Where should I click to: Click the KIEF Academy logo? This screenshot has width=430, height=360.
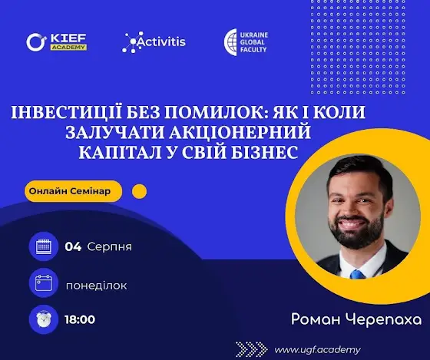(57, 42)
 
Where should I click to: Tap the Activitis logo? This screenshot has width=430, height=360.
(154, 42)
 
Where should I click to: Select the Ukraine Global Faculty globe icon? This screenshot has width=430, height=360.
(230, 42)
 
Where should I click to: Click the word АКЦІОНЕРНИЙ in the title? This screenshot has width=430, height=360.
(240, 132)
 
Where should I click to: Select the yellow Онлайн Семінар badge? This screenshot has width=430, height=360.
(73, 191)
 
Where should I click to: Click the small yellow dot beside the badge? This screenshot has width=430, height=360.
(139, 191)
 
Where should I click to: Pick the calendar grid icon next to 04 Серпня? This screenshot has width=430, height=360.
(44, 246)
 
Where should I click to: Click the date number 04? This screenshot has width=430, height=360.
(73, 246)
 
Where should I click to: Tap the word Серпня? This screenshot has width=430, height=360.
(109, 247)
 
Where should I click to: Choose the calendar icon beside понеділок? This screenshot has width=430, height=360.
(44, 283)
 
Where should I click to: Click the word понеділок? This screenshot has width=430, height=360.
(97, 286)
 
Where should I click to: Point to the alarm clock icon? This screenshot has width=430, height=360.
(44, 319)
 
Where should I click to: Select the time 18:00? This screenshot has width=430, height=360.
(80, 319)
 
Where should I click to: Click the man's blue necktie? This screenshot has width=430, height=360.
(357, 275)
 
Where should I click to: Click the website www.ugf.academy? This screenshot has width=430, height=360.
(318, 350)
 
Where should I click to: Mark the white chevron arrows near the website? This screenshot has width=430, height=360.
(252, 349)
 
